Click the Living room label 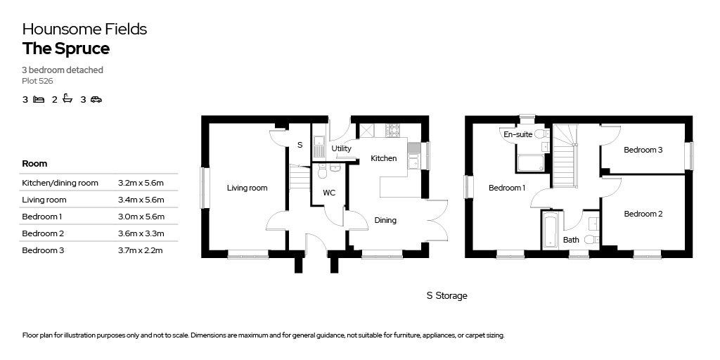(247, 188)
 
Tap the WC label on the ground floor (329, 193)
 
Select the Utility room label (341, 148)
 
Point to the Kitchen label (383, 158)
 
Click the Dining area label (385, 220)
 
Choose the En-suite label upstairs (518, 134)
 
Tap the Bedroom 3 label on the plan (643, 150)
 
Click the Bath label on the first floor (571, 240)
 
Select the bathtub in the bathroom (550, 230)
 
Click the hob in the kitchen (393, 130)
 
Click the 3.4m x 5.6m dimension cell (141, 200)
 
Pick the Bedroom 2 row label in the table (43, 233)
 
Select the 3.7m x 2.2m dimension (141, 250)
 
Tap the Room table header (34, 163)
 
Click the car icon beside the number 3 (96, 99)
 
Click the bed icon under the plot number (39, 99)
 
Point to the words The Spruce (66, 49)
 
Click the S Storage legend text (446, 296)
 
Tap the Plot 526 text (38, 82)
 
